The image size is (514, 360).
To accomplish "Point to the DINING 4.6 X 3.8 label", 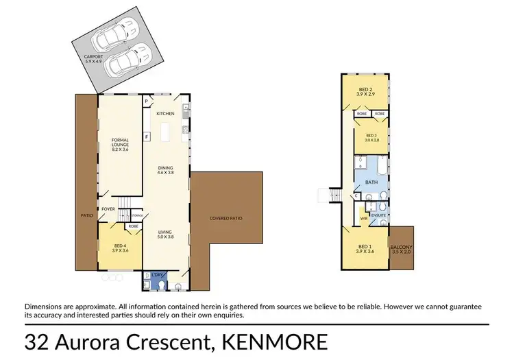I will [x=165, y=169].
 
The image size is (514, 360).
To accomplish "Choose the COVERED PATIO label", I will [x=225, y=219].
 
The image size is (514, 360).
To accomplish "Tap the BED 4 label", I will [x=120, y=248].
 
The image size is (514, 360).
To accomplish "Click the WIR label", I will [x=363, y=219].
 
